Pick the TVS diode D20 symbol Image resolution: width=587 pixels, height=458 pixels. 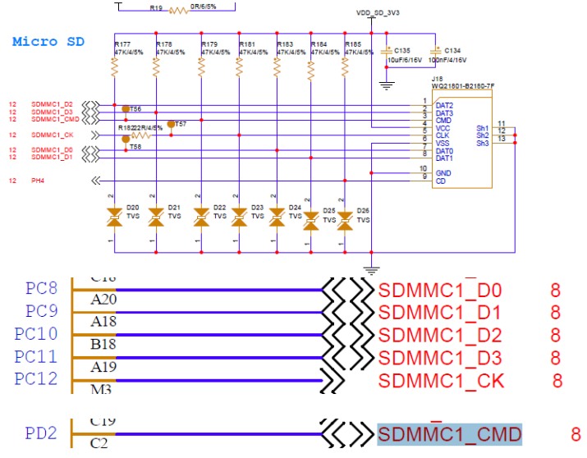click(114, 218)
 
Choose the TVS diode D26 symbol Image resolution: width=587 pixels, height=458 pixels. click(346, 219)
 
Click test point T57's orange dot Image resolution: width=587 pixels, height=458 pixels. click(171, 124)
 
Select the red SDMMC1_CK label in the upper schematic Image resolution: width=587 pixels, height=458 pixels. click(53, 135)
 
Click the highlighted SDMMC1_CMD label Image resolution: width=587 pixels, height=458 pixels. click(449, 434)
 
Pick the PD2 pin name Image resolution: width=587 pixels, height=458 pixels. click(41, 433)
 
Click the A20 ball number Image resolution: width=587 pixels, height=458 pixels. click(103, 300)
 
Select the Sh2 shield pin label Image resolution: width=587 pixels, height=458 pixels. click(482, 135)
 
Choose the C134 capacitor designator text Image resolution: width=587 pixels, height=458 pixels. click(451, 51)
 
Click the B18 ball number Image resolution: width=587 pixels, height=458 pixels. click(103, 345)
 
